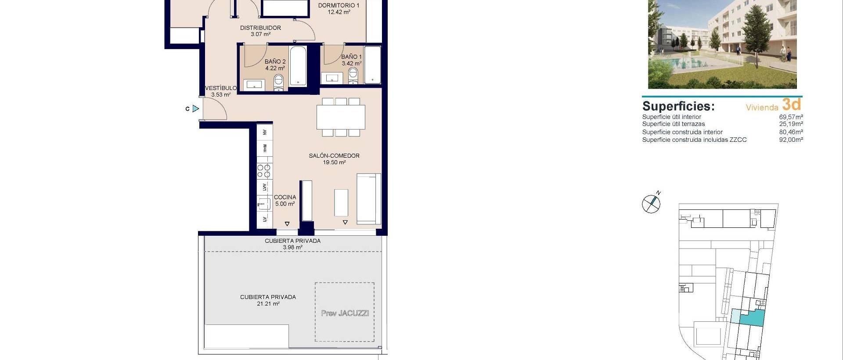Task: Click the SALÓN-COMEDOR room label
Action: point(334,156)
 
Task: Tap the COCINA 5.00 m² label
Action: point(285,201)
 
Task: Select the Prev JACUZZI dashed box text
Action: point(345,313)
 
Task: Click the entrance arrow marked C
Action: point(195,108)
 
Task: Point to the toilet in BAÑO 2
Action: point(278,82)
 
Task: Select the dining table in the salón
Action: point(341,117)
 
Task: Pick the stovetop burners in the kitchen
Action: point(264,171)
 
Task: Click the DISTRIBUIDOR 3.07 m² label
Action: point(260,31)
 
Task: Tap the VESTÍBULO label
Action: point(221,88)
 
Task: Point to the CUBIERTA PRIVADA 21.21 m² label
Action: point(268,300)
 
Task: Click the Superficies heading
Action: point(678,106)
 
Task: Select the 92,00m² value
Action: point(791,140)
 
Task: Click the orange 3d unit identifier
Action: point(791,104)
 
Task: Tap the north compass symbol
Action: point(651,203)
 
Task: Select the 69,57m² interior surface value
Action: point(791,117)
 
